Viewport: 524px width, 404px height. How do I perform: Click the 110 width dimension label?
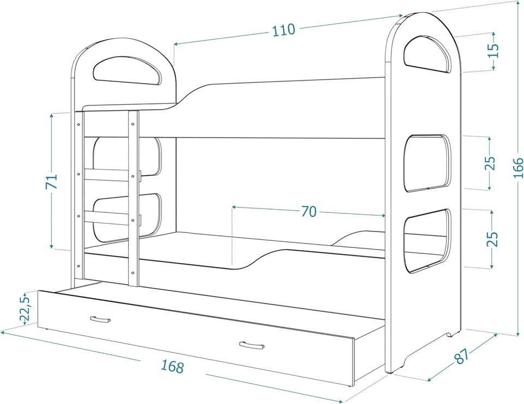284,30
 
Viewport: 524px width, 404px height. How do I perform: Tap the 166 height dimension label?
519,168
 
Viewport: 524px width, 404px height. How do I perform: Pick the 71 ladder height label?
51,181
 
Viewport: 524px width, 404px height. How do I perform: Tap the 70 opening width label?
309,211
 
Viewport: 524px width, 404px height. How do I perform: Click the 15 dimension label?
493,50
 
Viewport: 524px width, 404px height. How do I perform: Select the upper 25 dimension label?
490,163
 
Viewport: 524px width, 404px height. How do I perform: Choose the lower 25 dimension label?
492,239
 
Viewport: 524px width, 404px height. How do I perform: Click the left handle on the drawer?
100,318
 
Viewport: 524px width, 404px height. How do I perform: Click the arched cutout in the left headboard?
129,69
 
